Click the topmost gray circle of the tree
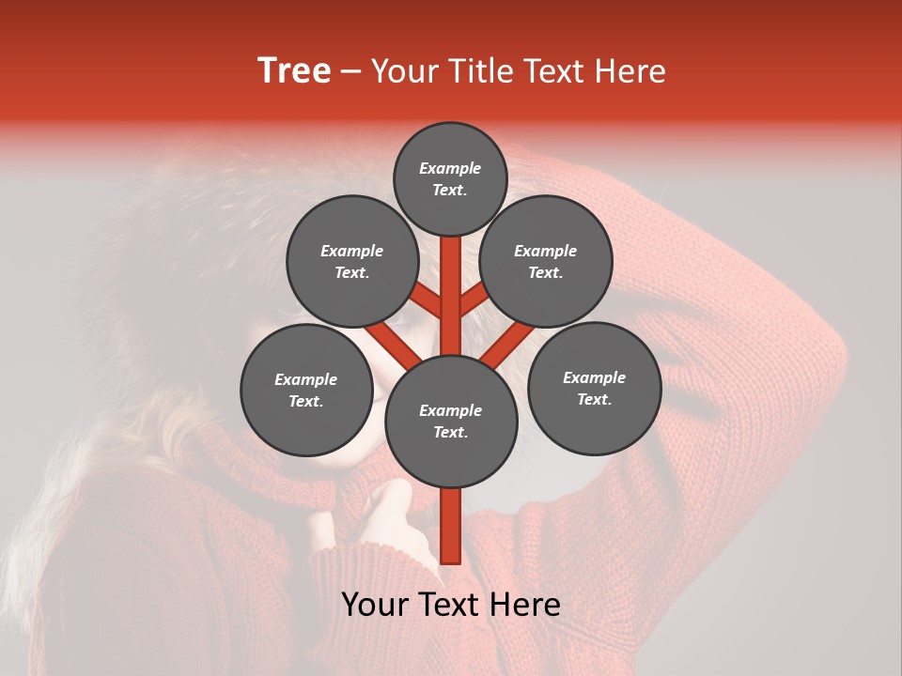click(450, 178)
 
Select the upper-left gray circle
click(351, 261)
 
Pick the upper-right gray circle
click(546, 261)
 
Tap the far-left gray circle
click(306, 390)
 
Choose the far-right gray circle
click(594, 388)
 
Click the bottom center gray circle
click(451, 421)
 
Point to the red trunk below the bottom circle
click(451, 526)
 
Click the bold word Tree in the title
click(294, 70)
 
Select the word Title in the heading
click(478, 70)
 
